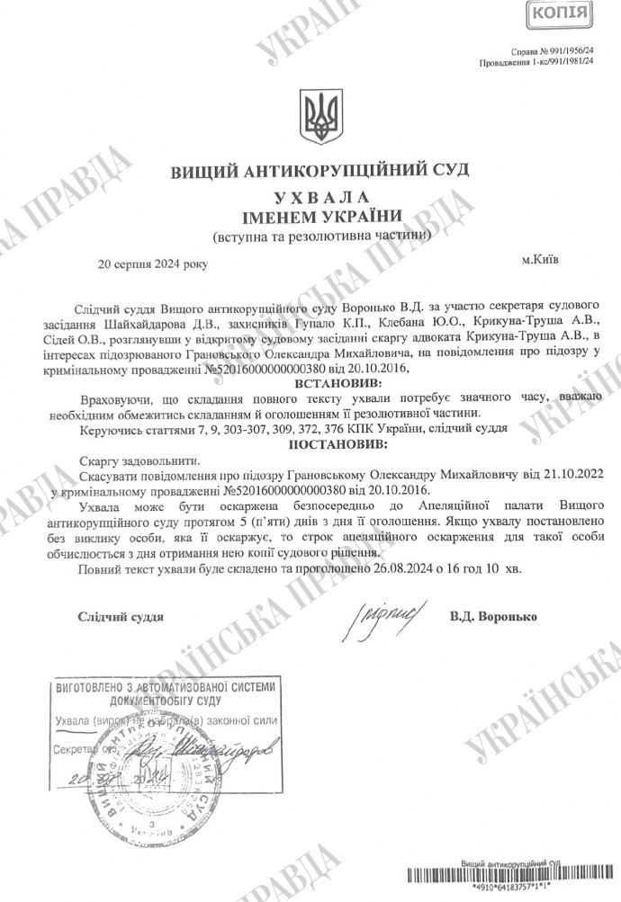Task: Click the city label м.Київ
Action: pyautogui.click(x=539, y=259)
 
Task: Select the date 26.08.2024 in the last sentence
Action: pyautogui.click(x=400, y=568)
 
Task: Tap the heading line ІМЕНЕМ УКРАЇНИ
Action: pyautogui.click(x=315, y=217)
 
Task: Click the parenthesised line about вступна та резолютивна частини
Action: pyautogui.click(x=315, y=237)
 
